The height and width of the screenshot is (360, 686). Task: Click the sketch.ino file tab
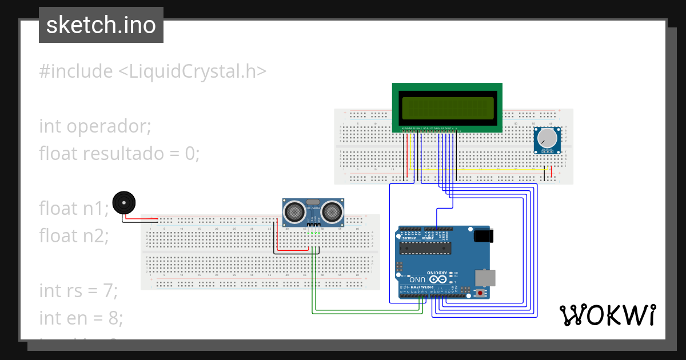click(101, 25)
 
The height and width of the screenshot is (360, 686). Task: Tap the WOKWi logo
click(607, 315)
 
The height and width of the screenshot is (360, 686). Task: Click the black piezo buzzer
click(124, 203)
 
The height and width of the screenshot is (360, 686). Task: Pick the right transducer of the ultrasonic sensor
click(332, 212)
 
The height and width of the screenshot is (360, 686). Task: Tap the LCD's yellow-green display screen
click(447, 108)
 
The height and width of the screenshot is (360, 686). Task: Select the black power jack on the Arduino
click(484, 235)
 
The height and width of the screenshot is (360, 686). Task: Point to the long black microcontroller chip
click(425, 247)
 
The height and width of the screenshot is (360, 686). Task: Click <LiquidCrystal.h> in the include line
click(192, 71)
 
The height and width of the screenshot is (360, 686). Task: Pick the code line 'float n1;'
click(74, 208)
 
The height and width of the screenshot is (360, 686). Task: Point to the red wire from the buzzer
click(143, 219)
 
